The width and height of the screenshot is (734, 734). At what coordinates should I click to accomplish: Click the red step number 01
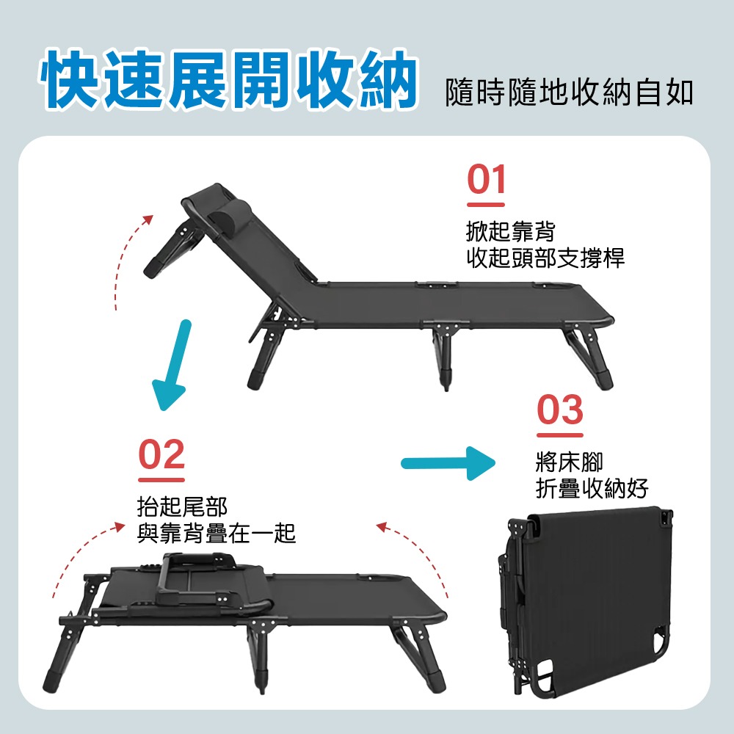click(487, 180)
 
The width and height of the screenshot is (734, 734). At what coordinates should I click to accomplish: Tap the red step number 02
click(161, 456)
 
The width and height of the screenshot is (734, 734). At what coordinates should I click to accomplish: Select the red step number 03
click(560, 411)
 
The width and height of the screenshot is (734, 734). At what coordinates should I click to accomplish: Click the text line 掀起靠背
click(511, 232)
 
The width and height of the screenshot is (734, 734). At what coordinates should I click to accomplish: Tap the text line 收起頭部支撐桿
click(545, 258)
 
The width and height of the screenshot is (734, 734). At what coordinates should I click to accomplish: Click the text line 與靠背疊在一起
click(217, 533)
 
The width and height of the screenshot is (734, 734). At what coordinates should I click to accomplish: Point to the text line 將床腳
click(569, 462)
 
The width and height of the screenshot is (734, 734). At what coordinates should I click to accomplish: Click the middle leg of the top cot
click(444, 356)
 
